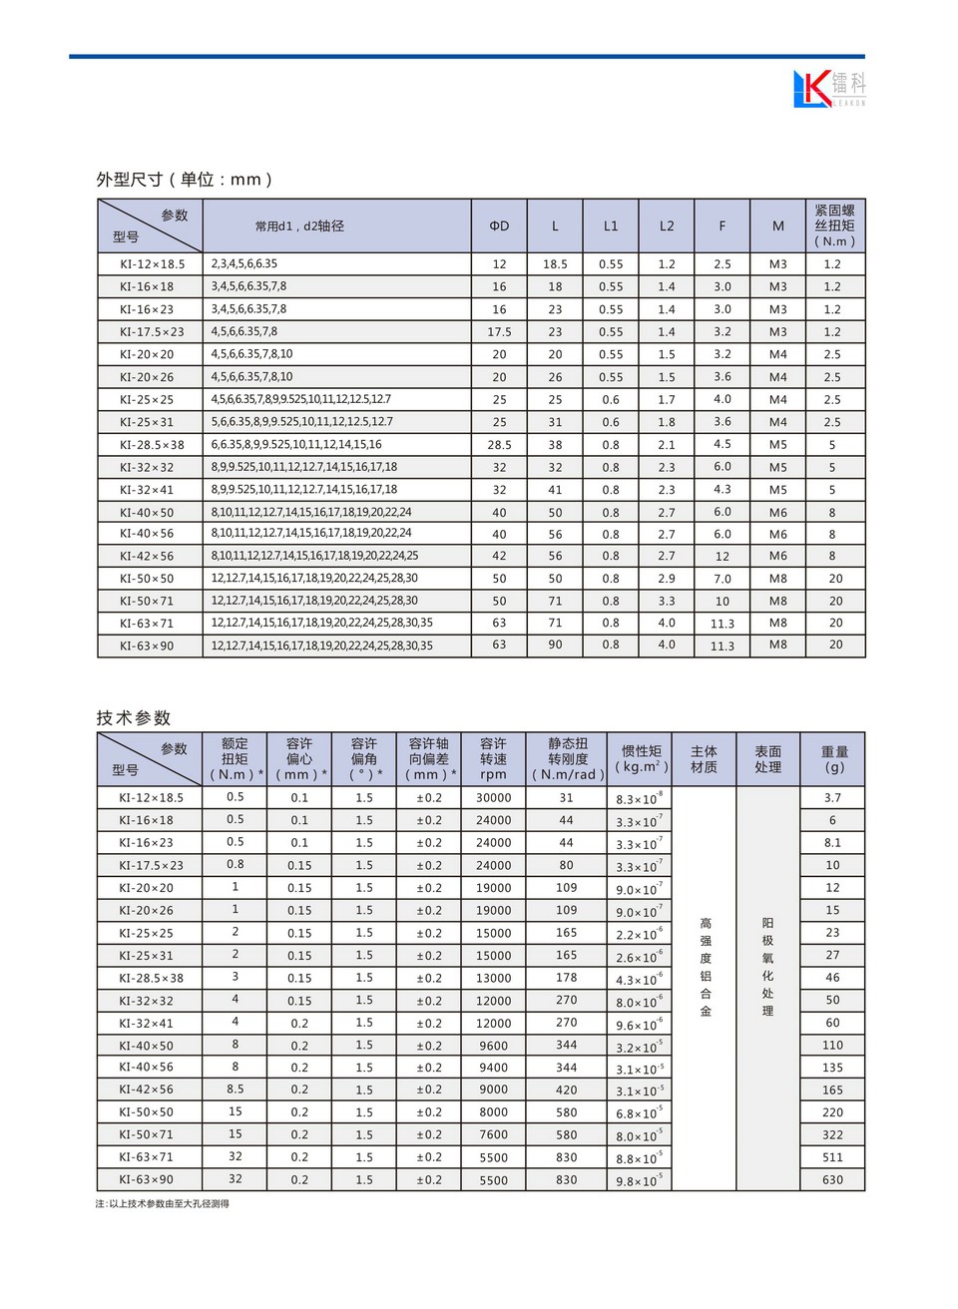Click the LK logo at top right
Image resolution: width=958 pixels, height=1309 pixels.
point(828,88)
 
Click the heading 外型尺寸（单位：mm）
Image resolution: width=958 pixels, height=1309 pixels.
point(185,180)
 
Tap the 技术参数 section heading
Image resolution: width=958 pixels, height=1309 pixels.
point(134,717)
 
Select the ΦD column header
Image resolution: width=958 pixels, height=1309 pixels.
point(499,226)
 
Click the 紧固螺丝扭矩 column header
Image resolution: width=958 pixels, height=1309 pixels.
point(834,225)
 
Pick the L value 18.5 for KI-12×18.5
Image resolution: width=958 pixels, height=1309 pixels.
point(555,264)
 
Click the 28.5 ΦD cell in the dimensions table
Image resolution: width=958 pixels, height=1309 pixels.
point(499,445)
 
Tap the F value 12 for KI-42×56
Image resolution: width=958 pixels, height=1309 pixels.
point(722,557)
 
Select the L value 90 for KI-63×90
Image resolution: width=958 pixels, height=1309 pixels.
point(555,646)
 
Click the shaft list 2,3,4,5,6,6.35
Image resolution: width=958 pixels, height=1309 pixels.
point(244,264)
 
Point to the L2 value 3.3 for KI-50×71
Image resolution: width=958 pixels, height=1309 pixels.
point(667,602)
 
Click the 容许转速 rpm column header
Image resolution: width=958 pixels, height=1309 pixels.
point(493,759)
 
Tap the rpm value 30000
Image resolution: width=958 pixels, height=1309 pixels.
point(493,798)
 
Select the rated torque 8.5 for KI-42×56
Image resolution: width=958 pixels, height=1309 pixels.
point(235,1090)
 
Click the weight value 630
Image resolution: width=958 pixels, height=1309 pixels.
point(832,1180)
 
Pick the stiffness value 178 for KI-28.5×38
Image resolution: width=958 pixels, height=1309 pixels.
point(566,978)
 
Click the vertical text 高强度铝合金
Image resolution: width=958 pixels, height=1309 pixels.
point(706,968)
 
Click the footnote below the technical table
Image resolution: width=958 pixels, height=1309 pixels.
point(163,1204)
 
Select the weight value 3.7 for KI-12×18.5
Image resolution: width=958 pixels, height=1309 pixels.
point(832,798)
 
